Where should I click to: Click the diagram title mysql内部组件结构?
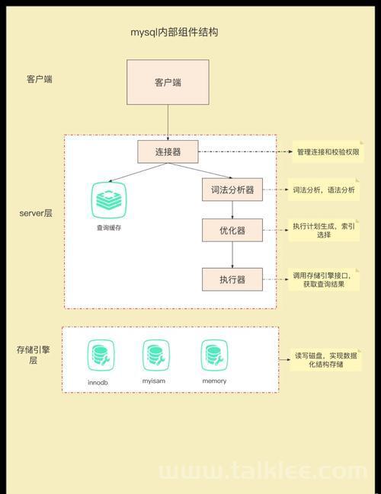pos(174,32)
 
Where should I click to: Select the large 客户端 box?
pos(168,82)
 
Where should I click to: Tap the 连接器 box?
pos(168,152)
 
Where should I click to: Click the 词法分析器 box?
pos(232,190)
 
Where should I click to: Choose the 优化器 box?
pos(232,231)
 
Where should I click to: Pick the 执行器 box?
pos(232,279)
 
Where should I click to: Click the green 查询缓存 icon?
pos(109,200)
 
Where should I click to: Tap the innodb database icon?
pos(101,355)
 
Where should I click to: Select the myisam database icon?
pos(155,355)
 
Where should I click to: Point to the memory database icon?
pos(214,355)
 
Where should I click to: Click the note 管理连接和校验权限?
pos(328,152)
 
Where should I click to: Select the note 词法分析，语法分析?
pos(324,190)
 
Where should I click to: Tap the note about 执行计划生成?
pos(324,231)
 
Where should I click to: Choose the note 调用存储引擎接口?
pos(324,280)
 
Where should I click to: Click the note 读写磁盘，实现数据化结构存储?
pos(326,360)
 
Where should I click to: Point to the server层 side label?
pos(36,213)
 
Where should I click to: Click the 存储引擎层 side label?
pos(33,355)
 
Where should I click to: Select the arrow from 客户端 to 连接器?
pos(168,123)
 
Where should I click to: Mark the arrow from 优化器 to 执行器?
pos(232,255)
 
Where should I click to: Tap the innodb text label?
pos(98,382)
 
